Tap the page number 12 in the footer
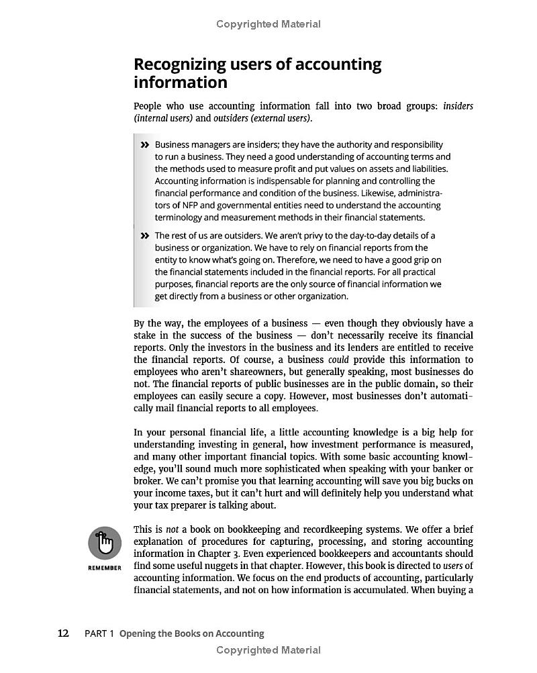(x=63, y=633)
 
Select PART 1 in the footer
(x=99, y=633)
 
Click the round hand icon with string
(x=105, y=543)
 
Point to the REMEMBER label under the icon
(x=105, y=568)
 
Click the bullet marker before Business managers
(x=144, y=145)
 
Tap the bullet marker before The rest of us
(x=144, y=236)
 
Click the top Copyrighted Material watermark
(x=268, y=24)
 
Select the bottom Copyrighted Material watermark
(x=268, y=650)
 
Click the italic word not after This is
(x=172, y=529)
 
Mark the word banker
(x=441, y=469)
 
